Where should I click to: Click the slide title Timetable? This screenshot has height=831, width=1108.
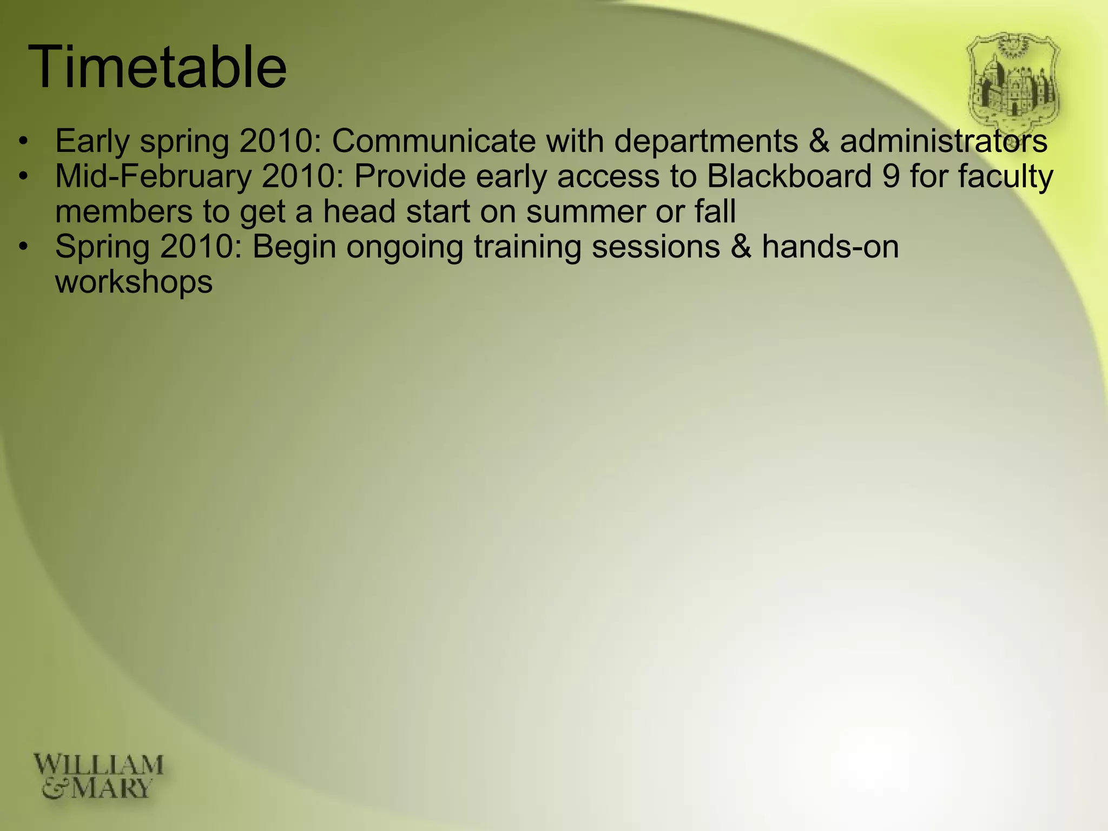tap(157, 68)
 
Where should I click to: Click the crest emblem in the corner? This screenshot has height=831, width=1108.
tap(1013, 81)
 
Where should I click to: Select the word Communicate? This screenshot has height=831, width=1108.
tap(433, 141)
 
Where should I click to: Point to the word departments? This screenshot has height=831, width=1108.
tap(706, 141)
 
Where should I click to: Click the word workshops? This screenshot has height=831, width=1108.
tap(134, 282)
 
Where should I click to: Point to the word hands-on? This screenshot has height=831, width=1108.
tap(830, 247)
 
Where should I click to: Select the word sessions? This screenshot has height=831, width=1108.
tap(656, 247)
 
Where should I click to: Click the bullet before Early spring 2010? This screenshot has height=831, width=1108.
tap(22, 142)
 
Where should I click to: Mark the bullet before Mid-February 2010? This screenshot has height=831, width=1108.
tap(22, 177)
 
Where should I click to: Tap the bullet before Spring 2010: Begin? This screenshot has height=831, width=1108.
tap(22, 247)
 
